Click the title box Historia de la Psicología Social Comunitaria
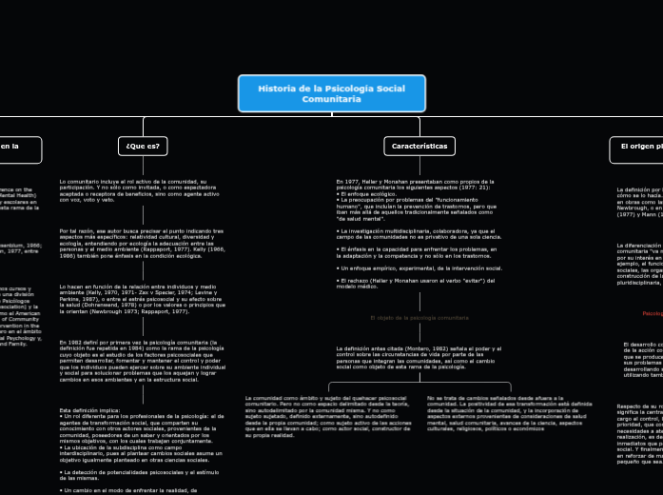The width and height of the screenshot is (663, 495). point(332,93)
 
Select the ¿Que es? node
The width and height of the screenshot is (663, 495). point(143,146)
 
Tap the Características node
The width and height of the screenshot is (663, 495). point(419,146)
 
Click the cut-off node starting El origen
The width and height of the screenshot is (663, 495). point(637,146)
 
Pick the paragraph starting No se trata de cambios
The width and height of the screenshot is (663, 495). point(503,410)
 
